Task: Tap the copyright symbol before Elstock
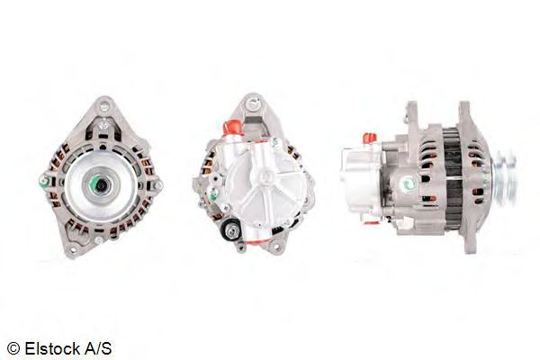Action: click(13, 347)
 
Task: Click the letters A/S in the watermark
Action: click(101, 347)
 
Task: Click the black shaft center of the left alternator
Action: click(99, 184)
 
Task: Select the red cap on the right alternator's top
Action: click(369, 139)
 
